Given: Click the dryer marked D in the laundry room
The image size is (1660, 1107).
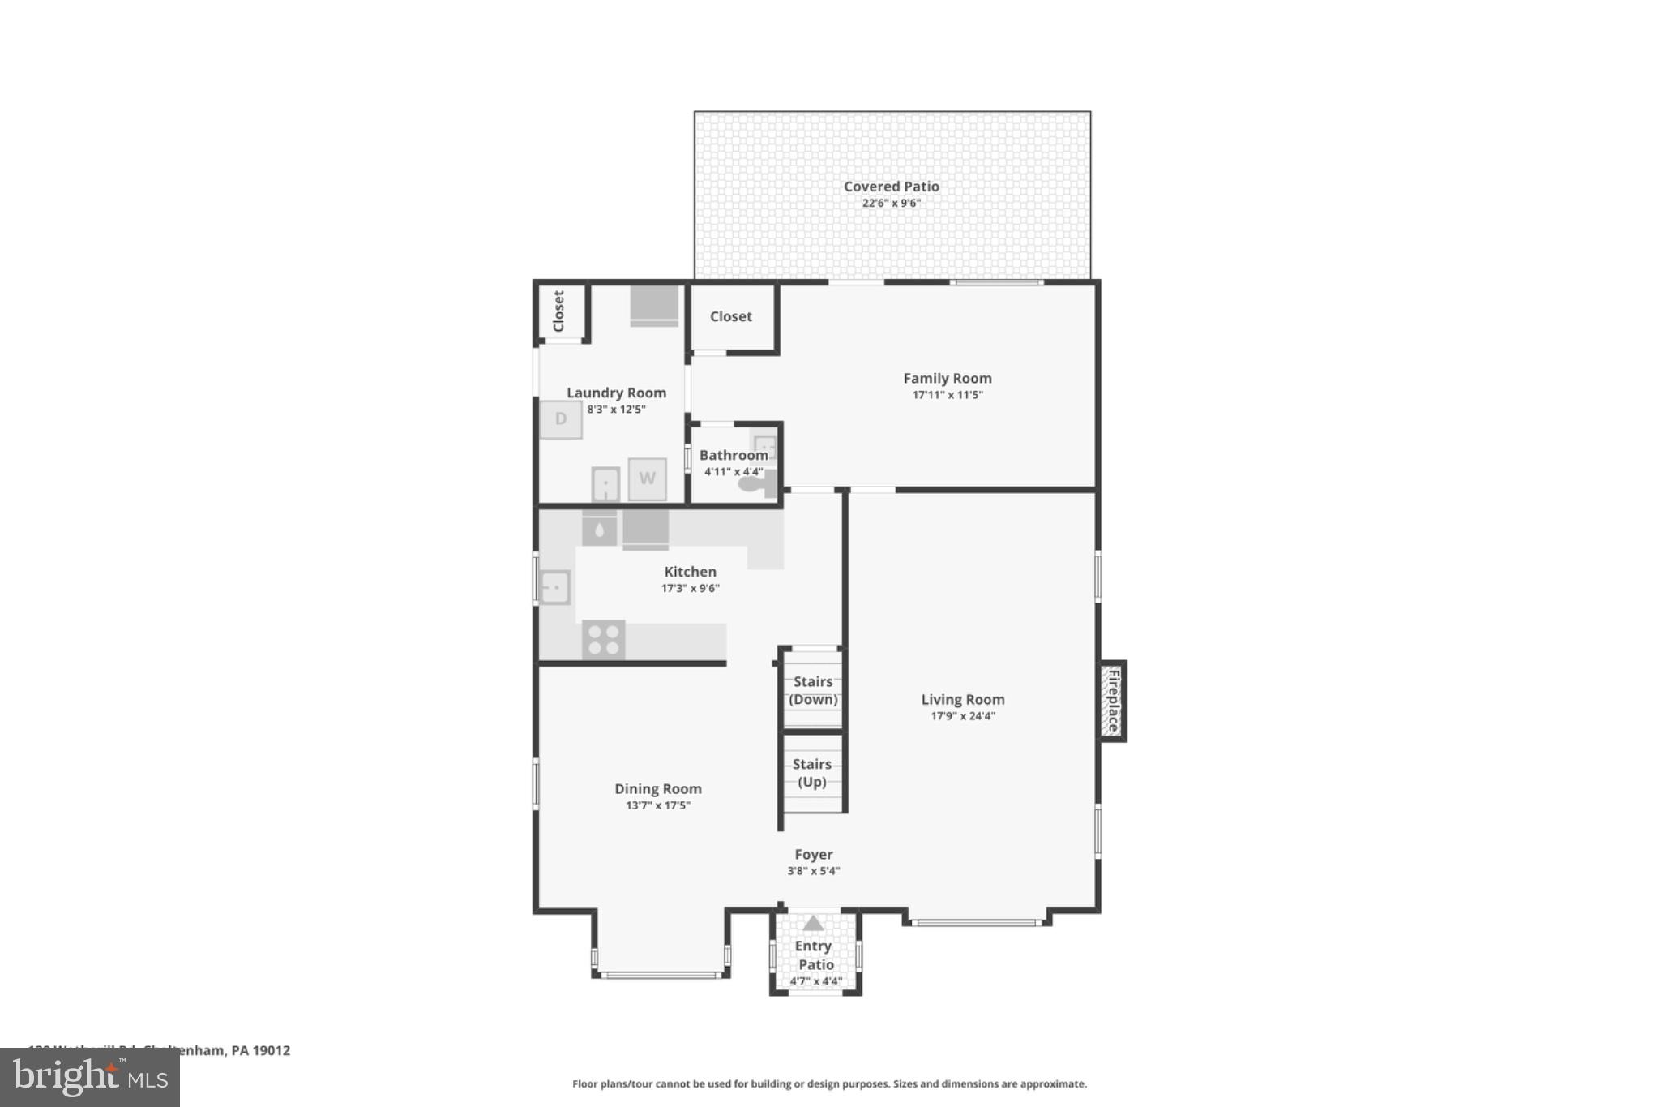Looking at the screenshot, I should point(561,419).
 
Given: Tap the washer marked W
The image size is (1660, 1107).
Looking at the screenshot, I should point(647,478).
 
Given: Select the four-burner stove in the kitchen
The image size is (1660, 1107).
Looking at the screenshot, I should point(603,639).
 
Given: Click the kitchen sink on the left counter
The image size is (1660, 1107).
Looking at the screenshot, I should point(555,587).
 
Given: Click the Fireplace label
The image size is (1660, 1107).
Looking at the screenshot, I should point(1114,700).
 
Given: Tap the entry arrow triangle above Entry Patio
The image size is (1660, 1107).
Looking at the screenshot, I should point(813,923).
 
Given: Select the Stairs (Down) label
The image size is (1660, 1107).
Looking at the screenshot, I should point(813,690).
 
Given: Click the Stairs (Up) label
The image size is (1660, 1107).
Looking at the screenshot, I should point(812,773).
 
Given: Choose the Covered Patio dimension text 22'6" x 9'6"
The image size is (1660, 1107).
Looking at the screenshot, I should point(891,203).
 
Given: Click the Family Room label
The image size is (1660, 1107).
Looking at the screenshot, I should point(947,378).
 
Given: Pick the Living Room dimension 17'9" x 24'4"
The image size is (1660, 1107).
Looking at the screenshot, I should point(962,715).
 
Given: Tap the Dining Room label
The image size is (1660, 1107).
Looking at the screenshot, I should point(657,788).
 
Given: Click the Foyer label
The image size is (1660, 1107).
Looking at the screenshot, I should point(813,854).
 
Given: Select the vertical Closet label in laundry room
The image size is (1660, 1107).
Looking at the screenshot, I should point(558,311).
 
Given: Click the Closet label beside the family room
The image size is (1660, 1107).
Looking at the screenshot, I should point(730,316).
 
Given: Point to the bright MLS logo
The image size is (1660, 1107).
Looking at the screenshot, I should point(90,1077).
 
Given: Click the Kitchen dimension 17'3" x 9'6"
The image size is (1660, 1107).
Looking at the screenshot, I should point(690,588).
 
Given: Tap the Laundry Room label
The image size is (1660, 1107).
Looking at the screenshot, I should point(616,393).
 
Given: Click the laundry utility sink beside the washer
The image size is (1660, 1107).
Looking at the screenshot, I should point(605,484).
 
